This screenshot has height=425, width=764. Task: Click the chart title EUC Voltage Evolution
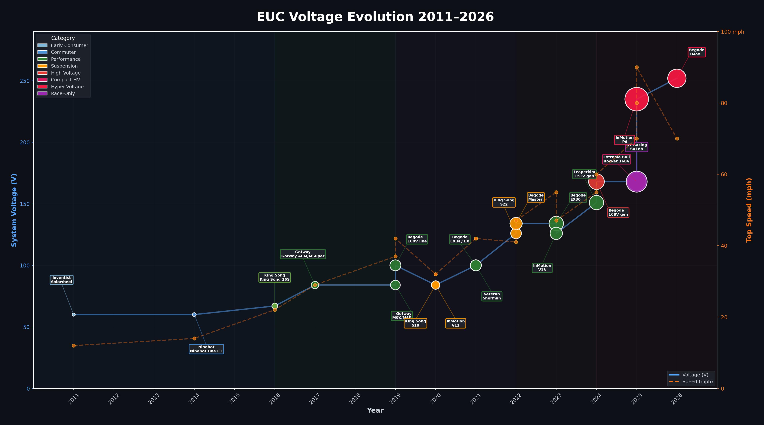click(x=375, y=17)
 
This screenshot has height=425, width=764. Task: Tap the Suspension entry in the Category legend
click(x=64, y=66)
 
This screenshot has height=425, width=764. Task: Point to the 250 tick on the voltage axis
click(x=25, y=81)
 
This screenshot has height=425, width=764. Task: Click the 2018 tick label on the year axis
click(x=355, y=399)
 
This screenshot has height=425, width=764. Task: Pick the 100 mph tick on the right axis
click(x=732, y=32)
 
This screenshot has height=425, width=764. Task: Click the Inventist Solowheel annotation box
click(x=61, y=280)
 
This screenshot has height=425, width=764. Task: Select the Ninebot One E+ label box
click(x=206, y=349)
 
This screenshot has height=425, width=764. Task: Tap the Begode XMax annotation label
click(x=696, y=52)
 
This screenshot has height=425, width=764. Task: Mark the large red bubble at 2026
click(x=676, y=78)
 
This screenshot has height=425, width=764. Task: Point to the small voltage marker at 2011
click(x=74, y=315)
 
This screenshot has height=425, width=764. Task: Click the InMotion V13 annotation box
click(x=542, y=268)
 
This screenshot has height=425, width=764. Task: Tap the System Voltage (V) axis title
click(x=14, y=210)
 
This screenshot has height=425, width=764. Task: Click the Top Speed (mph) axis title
click(x=749, y=210)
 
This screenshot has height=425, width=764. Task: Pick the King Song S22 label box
click(x=504, y=202)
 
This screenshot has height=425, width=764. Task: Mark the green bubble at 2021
click(x=476, y=265)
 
